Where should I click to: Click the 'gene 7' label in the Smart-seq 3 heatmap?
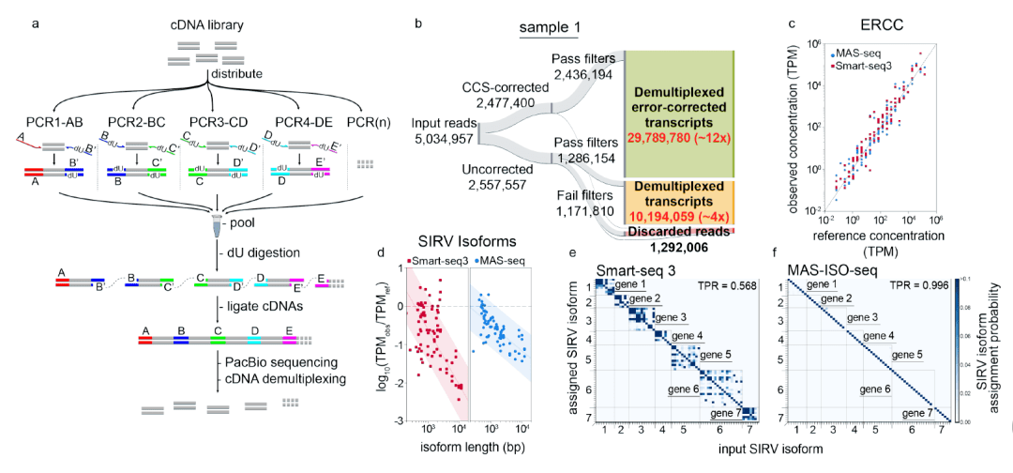(x=728, y=412)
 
